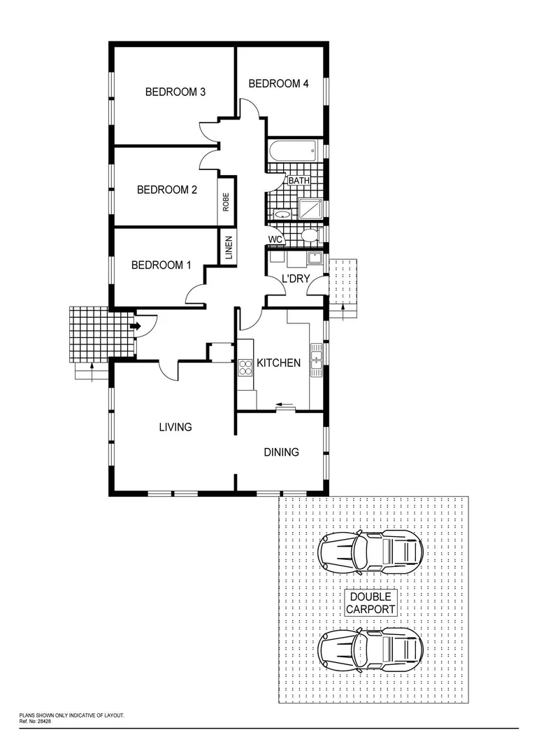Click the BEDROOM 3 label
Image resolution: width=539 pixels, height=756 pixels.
[x=175, y=92]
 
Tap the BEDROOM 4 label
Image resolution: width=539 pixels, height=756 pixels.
[x=278, y=83]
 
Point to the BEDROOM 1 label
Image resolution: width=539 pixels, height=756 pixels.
[x=161, y=265]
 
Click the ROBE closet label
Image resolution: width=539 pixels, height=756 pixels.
[x=226, y=203]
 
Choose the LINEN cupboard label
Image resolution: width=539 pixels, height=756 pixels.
[x=229, y=248]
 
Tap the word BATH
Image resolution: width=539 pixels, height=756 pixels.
[x=299, y=181]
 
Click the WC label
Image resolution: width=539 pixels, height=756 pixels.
[x=275, y=239]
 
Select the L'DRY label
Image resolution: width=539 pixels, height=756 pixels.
[x=296, y=279]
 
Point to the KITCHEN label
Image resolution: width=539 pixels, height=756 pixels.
[x=279, y=363]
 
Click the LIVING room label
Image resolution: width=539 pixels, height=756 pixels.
[x=175, y=426]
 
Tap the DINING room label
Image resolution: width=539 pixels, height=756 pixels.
[x=281, y=452]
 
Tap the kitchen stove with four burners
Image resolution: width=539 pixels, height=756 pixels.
[x=245, y=367]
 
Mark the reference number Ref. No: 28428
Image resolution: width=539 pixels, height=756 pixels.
[x=36, y=720]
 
